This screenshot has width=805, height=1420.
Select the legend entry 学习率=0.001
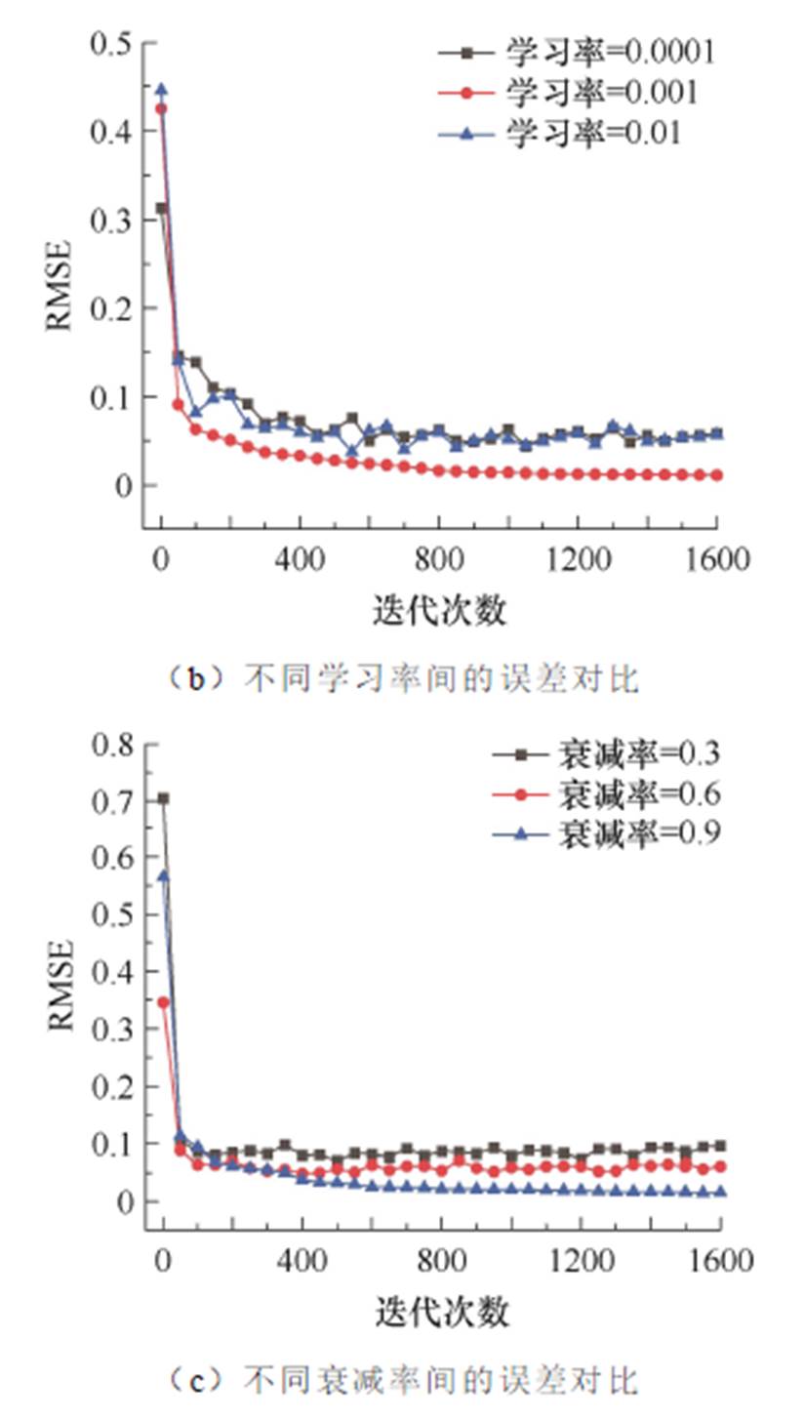point(576,93)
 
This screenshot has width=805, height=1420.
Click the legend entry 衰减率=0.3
point(605,753)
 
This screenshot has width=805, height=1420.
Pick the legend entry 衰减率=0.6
point(605,794)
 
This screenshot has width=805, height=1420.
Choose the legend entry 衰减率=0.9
point(605,834)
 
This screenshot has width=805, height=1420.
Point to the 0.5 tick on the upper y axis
point(110,43)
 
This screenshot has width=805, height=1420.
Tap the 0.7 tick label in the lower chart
point(110,801)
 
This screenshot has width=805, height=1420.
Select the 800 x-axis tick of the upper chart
point(438,560)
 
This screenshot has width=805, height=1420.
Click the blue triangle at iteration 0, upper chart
point(162,90)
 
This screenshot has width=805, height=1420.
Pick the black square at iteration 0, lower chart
point(163,798)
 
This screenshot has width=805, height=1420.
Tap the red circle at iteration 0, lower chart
point(163,1002)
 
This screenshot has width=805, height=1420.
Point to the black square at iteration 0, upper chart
point(162,208)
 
